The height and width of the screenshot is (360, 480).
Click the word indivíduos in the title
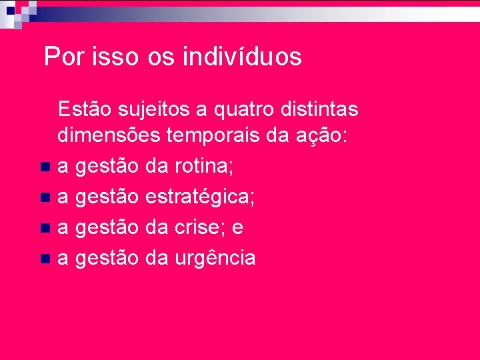[241, 57]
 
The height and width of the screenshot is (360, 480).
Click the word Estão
[83, 108]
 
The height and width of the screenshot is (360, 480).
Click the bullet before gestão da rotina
[45, 166]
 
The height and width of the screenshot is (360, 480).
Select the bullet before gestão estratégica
[45, 197]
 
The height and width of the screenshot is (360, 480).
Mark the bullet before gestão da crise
[45, 228]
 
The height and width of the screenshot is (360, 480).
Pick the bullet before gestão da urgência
[45, 258]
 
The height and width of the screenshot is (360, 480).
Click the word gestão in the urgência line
[107, 259]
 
